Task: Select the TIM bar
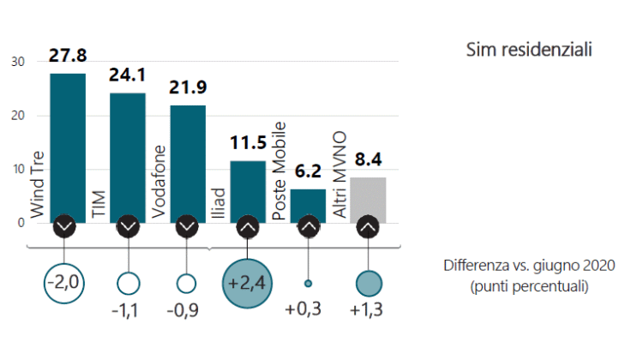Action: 128,154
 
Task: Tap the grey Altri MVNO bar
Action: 369,197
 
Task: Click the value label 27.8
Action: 68,57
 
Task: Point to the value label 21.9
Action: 188,87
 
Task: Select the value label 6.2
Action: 308,171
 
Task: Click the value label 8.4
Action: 368,159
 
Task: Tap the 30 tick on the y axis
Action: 19,62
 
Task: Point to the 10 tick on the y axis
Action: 19,170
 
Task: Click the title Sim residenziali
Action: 529,50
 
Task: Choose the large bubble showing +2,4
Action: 248,282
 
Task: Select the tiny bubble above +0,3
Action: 309,283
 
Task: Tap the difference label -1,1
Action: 128,311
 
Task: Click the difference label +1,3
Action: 368,311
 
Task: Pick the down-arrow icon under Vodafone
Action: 188,227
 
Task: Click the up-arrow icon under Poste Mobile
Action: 309,227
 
